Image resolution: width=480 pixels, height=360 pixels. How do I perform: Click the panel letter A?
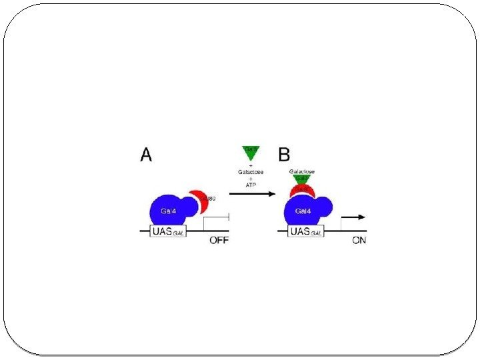tap(146, 155)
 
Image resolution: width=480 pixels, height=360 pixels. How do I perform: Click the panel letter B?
tap(283, 155)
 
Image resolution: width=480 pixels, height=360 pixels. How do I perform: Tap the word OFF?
tap(219, 241)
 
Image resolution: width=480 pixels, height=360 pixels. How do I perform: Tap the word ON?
tap(359, 241)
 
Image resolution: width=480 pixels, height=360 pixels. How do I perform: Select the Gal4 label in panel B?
tap(303, 211)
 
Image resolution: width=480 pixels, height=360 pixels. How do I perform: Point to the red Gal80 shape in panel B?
tap(302, 191)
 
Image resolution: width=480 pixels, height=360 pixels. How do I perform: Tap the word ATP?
tap(251, 185)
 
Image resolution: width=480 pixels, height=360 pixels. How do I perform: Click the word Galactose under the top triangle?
tap(251, 171)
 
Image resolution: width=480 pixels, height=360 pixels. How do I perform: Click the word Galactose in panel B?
tap(302, 171)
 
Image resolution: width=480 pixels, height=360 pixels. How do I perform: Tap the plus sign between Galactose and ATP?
tap(251, 178)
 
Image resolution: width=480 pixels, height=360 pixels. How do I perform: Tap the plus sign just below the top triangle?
tap(251, 165)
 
